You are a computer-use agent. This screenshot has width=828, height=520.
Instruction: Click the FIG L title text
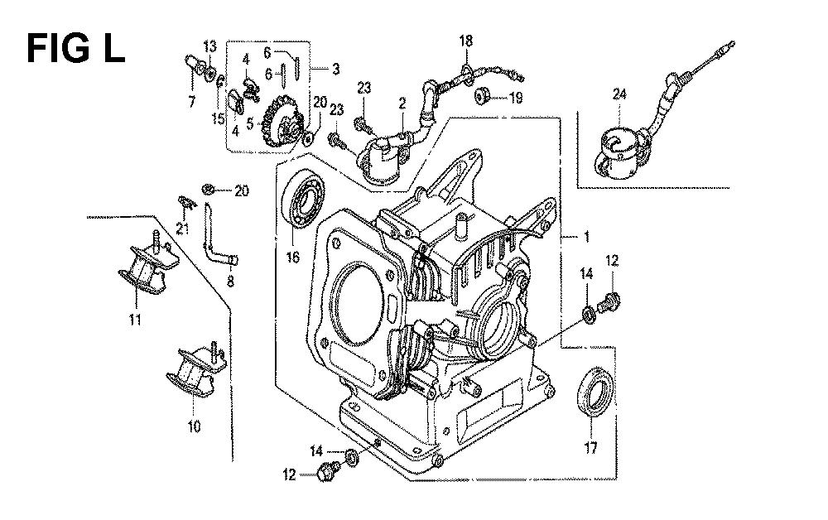pos(75,47)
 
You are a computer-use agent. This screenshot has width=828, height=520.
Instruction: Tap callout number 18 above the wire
pos(465,41)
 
